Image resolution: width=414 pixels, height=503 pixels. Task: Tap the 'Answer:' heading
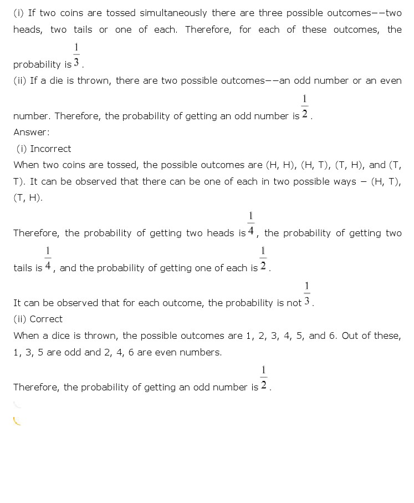32,132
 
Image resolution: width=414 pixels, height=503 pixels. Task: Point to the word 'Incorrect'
50,149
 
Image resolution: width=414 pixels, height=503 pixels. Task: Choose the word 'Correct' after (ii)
46,319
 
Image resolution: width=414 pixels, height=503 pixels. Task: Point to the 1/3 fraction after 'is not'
307,296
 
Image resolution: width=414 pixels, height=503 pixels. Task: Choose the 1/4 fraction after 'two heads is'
251,225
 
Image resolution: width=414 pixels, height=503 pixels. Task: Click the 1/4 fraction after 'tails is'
48,260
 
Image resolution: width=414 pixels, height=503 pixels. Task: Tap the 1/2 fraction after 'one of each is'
263,260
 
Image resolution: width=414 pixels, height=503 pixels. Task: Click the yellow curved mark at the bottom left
17,421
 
